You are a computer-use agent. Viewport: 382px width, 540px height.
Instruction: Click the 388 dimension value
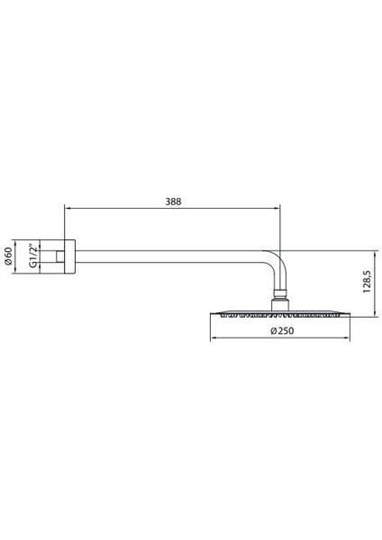[x=174, y=202]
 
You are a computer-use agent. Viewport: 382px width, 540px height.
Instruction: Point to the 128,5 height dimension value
[x=366, y=282]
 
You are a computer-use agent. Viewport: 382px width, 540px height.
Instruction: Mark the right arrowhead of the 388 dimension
[x=278, y=211]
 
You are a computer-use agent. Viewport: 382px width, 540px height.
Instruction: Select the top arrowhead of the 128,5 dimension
[x=375, y=251]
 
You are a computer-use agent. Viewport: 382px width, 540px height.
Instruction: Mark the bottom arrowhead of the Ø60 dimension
[x=17, y=276]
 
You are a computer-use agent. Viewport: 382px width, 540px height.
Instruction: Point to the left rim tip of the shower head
[x=213, y=314]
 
